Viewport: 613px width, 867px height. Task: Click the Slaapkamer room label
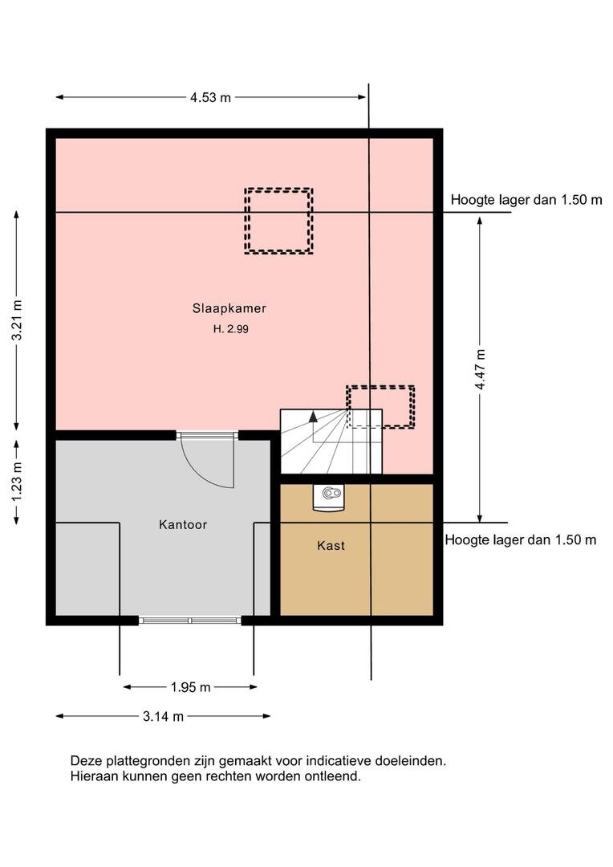(x=229, y=308)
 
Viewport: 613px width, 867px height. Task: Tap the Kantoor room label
(x=183, y=524)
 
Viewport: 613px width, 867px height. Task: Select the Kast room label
(x=331, y=546)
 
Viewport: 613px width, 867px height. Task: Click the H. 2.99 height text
(x=231, y=329)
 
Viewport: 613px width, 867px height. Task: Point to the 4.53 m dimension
(x=210, y=97)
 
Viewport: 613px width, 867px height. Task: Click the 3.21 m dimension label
(x=18, y=320)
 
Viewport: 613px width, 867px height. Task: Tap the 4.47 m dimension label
(x=480, y=369)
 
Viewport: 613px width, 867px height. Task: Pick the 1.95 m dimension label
(x=191, y=687)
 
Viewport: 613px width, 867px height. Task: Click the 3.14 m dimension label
(x=163, y=717)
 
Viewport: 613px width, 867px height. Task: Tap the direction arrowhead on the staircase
(x=314, y=417)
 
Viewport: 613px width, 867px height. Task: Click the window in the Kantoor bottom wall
(x=190, y=621)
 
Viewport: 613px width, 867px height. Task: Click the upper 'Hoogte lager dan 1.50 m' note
(x=526, y=200)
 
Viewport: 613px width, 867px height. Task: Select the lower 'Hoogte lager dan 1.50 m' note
(x=521, y=539)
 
